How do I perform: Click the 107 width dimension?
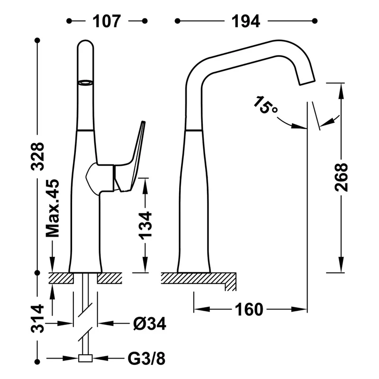[x=107, y=21]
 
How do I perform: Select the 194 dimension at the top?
[x=246, y=21]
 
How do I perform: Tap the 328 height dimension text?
[x=38, y=156]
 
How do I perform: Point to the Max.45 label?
[x=53, y=208]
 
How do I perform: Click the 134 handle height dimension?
[x=145, y=226]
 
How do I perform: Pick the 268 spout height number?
[x=341, y=177]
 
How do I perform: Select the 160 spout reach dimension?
[x=249, y=309]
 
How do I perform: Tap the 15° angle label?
[x=265, y=105]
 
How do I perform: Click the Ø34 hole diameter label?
[x=150, y=324]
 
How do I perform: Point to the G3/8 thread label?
[x=146, y=359]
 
